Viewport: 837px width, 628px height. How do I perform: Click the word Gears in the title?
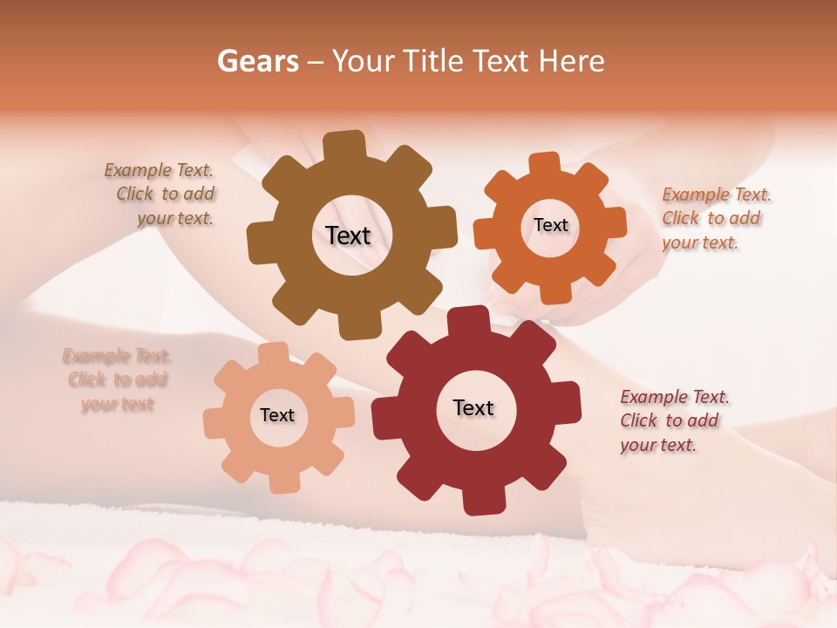click(x=257, y=61)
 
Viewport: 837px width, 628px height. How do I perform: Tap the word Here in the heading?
click(x=572, y=61)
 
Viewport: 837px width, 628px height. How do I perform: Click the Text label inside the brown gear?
click(x=349, y=235)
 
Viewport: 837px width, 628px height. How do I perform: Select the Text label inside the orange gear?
click(x=551, y=225)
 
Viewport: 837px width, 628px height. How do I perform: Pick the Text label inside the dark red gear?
click(x=473, y=407)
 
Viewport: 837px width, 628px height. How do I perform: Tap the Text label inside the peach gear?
click(x=277, y=415)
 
